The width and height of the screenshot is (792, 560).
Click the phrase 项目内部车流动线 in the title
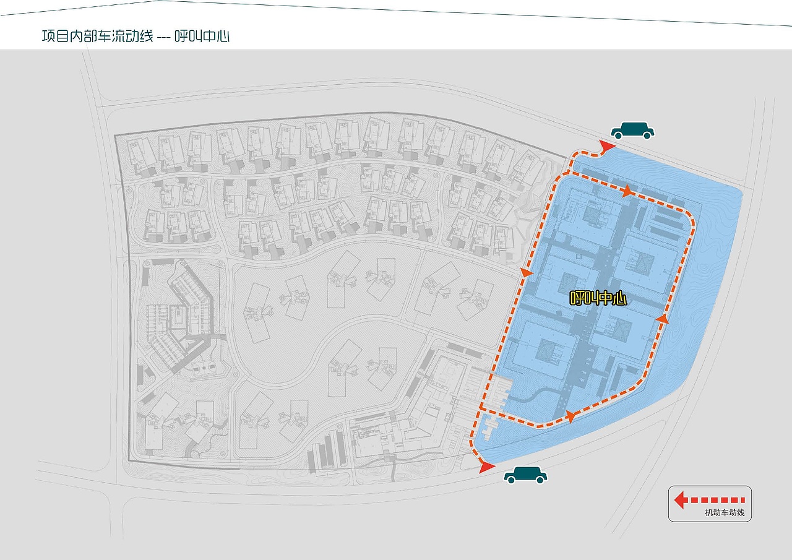(x=98, y=37)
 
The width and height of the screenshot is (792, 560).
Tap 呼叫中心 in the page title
(x=202, y=37)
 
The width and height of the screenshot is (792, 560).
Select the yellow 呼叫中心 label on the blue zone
(x=598, y=298)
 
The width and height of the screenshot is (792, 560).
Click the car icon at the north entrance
(x=632, y=131)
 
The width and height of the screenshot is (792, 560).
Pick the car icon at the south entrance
(x=525, y=475)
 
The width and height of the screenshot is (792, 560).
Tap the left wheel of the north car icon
(x=618, y=135)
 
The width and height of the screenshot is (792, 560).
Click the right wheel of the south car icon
(x=540, y=479)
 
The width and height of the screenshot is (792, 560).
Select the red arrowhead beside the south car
(x=487, y=467)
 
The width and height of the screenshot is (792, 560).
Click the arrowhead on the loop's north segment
(x=627, y=191)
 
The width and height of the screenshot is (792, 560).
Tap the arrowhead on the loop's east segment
(x=662, y=319)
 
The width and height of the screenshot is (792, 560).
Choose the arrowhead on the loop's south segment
(x=570, y=417)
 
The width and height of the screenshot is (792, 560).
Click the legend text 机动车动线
(x=725, y=512)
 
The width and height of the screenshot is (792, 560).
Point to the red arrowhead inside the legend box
(x=680, y=500)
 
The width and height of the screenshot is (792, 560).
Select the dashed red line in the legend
(x=716, y=500)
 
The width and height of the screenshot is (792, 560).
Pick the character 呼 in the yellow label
(x=577, y=298)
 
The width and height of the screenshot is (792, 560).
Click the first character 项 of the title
(x=48, y=37)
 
